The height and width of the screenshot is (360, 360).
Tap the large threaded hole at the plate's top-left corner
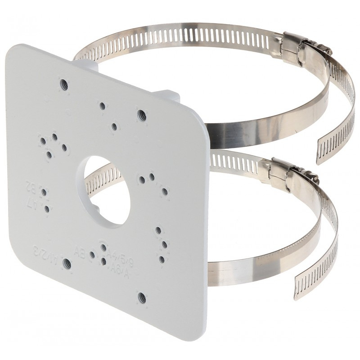[63, 83]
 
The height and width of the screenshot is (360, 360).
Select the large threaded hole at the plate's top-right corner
[141, 114]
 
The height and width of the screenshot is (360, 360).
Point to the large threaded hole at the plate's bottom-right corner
[142, 296]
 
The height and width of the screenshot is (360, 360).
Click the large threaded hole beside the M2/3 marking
[67, 263]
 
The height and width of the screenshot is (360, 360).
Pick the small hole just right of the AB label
[92, 255]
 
